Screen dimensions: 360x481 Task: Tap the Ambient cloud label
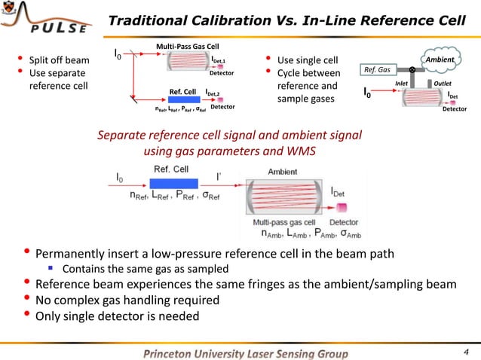[x=438, y=59]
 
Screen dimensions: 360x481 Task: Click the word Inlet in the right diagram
[x=403, y=83]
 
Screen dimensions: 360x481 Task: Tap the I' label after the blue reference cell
[x=219, y=175]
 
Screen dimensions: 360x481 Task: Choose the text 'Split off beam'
[x=58, y=60]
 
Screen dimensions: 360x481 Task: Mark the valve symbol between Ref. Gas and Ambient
[x=412, y=70]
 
